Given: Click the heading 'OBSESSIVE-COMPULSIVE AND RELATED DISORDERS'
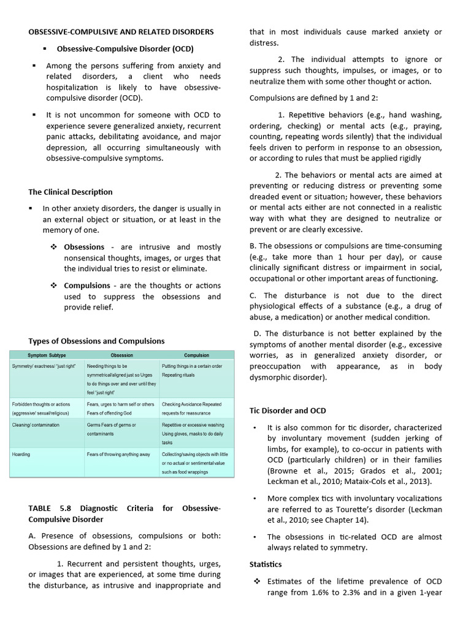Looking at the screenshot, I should (x=121, y=31).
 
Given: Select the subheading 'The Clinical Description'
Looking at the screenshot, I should (x=71, y=192).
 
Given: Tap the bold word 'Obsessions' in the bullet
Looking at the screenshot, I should (x=84, y=247).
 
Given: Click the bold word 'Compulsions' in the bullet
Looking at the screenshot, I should (x=87, y=286).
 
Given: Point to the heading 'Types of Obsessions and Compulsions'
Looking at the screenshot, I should (x=96, y=341).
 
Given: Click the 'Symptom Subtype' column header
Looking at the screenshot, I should (x=47, y=355).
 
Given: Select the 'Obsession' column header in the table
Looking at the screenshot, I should (x=121, y=355).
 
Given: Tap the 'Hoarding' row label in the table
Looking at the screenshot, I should (x=21, y=455).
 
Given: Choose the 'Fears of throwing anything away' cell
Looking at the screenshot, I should (x=118, y=455).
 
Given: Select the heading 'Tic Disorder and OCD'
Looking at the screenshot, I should (x=288, y=410).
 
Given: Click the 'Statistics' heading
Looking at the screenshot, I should (x=266, y=564).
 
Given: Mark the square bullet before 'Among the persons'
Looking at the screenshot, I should (x=33, y=66).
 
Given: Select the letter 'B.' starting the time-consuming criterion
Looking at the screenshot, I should (x=253, y=246).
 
